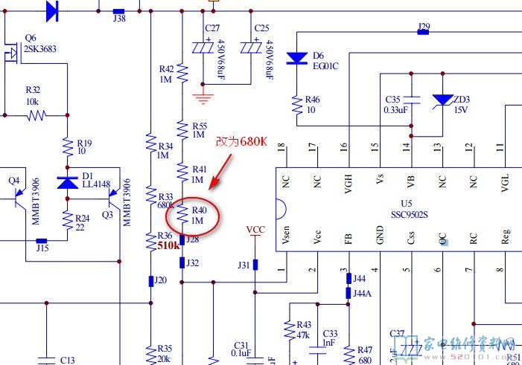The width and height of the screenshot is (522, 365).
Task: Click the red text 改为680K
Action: pyautogui.click(x=241, y=141)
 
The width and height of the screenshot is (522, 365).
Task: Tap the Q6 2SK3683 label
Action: pyautogui.click(x=40, y=44)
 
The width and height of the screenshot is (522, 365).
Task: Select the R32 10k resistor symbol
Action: pyautogui.click(x=36, y=115)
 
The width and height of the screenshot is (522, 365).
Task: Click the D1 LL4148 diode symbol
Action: pyautogui.click(x=67, y=182)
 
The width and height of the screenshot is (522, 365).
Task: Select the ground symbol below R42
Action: pyautogui.click(x=200, y=97)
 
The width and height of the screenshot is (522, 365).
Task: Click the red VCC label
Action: pyautogui.click(x=255, y=230)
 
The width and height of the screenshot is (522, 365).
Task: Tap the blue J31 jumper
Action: pyautogui.click(x=255, y=265)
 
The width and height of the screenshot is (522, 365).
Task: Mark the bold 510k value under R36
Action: pyautogui.click(x=168, y=245)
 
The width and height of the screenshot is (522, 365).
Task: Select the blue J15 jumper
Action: pyautogui.click(x=42, y=241)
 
